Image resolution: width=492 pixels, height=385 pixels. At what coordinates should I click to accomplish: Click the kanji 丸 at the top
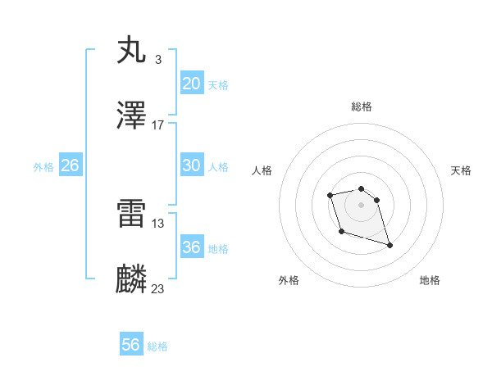132,50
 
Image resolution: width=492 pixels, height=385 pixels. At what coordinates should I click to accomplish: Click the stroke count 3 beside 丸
157,59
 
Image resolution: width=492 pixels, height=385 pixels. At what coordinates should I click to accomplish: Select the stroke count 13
158,223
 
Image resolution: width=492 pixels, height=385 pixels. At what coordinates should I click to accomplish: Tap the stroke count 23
158,288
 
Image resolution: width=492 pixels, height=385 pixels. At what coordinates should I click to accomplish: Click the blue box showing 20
191,84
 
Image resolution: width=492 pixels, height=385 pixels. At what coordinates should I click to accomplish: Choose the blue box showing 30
191,165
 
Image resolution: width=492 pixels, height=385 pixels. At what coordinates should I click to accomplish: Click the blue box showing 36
191,247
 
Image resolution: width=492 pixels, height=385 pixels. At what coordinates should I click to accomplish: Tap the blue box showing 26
70,165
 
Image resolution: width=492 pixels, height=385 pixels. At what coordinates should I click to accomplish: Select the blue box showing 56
130,345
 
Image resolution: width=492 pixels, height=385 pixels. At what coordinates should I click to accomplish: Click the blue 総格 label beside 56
157,346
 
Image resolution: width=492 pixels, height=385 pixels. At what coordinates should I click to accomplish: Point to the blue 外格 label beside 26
43,167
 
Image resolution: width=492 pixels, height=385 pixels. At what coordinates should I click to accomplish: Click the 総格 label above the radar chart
362,106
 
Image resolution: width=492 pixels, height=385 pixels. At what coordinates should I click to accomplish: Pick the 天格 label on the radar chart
461,170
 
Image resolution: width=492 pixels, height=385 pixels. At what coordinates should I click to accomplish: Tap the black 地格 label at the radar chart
430,281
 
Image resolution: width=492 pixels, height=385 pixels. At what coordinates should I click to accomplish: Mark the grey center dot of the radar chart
362,204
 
